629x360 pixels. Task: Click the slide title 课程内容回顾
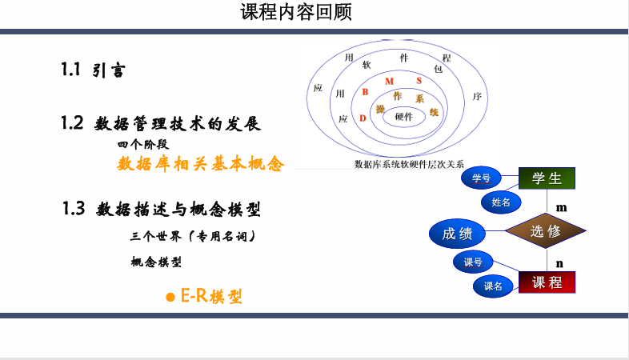pos(295,13)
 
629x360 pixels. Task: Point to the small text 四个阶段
pos(142,145)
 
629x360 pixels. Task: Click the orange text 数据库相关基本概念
pos(200,164)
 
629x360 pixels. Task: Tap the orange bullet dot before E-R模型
pos(170,297)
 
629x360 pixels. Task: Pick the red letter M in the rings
pos(389,82)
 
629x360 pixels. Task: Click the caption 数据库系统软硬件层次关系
pos(409,164)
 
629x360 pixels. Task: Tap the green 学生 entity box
pos(547,178)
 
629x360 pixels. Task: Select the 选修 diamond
pos(545,232)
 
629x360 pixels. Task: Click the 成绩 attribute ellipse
pos(458,234)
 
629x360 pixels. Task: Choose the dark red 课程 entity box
pos(547,282)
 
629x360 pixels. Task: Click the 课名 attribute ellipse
pos(493,286)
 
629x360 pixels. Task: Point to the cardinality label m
pos(561,207)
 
